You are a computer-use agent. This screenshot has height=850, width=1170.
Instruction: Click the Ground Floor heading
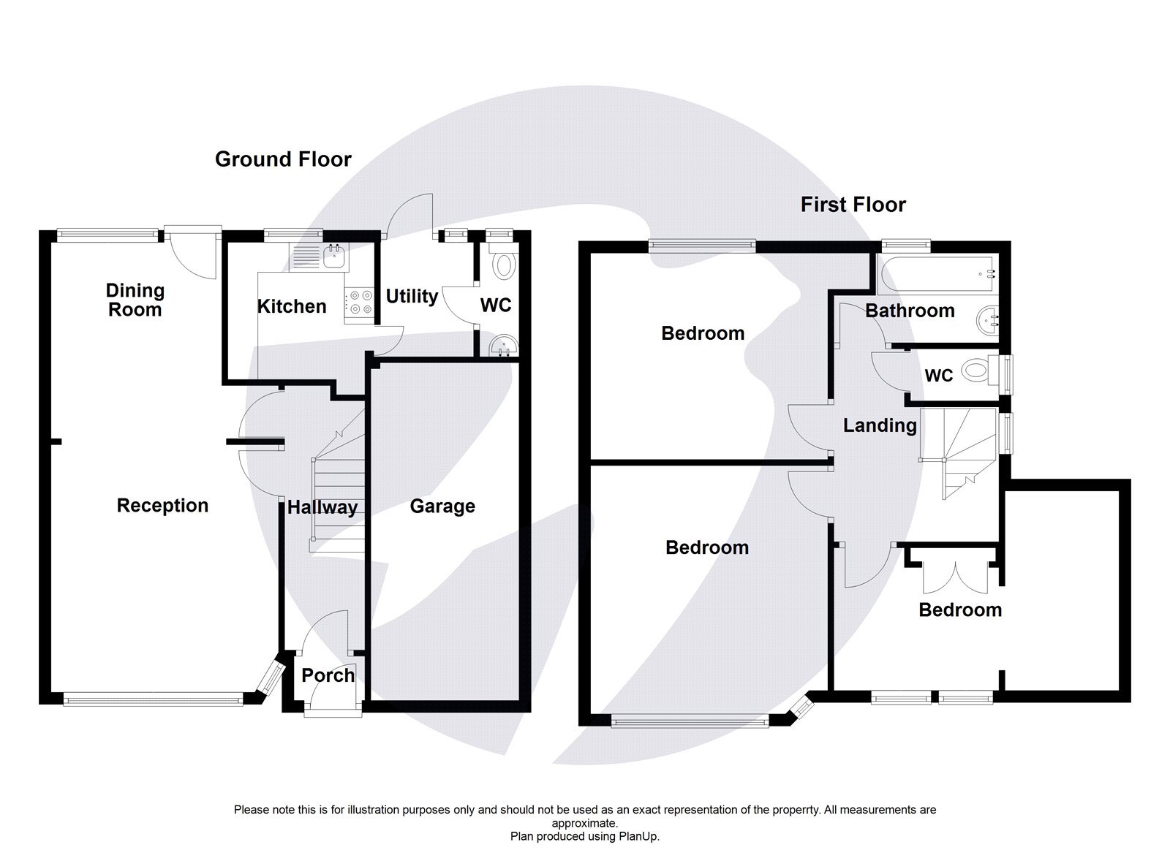point(283,159)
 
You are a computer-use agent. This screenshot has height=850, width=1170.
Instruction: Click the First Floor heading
point(853,205)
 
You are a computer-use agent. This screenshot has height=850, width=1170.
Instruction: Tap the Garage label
point(442,506)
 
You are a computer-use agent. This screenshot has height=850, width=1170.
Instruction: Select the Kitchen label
point(291,306)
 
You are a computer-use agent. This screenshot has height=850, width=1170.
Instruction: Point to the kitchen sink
point(336,255)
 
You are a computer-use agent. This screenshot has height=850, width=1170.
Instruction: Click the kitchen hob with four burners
point(359,303)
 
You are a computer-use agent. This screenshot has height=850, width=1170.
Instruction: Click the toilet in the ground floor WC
point(503,265)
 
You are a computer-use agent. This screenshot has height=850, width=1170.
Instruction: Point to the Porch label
point(328,675)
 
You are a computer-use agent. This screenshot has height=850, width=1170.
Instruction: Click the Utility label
point(412,296)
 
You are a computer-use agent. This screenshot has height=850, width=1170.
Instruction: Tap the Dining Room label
point(135,300)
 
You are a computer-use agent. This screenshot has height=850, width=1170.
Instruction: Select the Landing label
point(880,425)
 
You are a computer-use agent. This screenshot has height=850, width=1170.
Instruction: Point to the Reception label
point(162,506)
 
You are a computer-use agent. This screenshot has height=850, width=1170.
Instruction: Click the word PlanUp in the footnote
point(638,836)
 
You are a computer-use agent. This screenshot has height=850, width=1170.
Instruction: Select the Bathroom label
point(910,311)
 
